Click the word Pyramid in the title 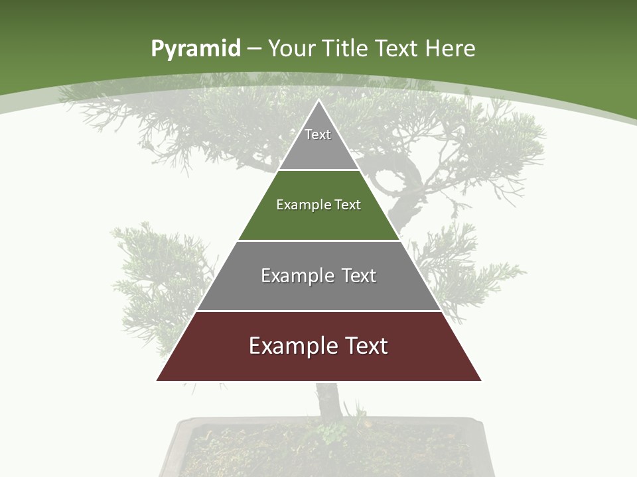[196, 49]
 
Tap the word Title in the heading [346, 48]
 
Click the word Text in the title [397, 48]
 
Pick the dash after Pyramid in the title [253, 49]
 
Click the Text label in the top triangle [318, 134]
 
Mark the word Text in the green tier [348, 205]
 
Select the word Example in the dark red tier [293, 346]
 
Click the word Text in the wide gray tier [360, 276]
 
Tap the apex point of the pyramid [318, 100]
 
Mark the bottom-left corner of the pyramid [157, 380]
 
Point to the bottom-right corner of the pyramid [480, 380]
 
